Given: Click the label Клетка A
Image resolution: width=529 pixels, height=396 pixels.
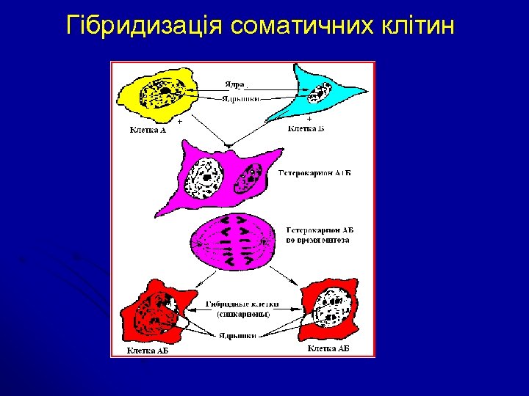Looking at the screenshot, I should click(x=148, y=131).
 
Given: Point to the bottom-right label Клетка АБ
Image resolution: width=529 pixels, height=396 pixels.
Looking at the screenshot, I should click(x=328, y=348).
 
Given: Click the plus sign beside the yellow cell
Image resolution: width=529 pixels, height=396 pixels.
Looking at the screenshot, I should click(x=179, y=122).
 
